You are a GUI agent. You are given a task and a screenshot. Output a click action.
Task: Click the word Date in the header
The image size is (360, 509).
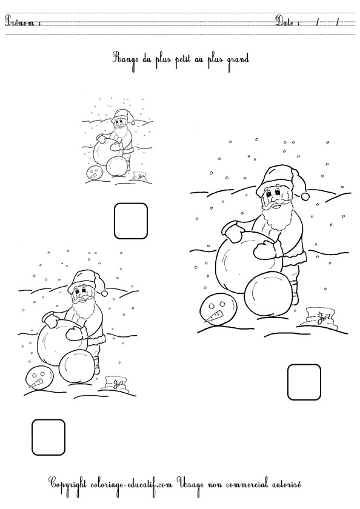coord(284,21)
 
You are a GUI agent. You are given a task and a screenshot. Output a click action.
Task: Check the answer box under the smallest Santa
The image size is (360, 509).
coord(131,221)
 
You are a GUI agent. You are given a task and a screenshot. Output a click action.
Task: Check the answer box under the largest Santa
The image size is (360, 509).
coord(304,382)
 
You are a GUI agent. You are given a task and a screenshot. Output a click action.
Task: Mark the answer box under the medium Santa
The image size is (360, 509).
coord(48,437)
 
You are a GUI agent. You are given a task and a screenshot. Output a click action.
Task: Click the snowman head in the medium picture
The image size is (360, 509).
coord(38,378)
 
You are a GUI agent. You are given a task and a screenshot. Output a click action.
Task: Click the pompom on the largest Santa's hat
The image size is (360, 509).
coord(305,196)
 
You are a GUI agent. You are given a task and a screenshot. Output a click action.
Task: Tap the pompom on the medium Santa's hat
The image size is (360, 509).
coord(104,293)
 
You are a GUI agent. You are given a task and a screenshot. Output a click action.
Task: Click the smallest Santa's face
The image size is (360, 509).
coord(120,124)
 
